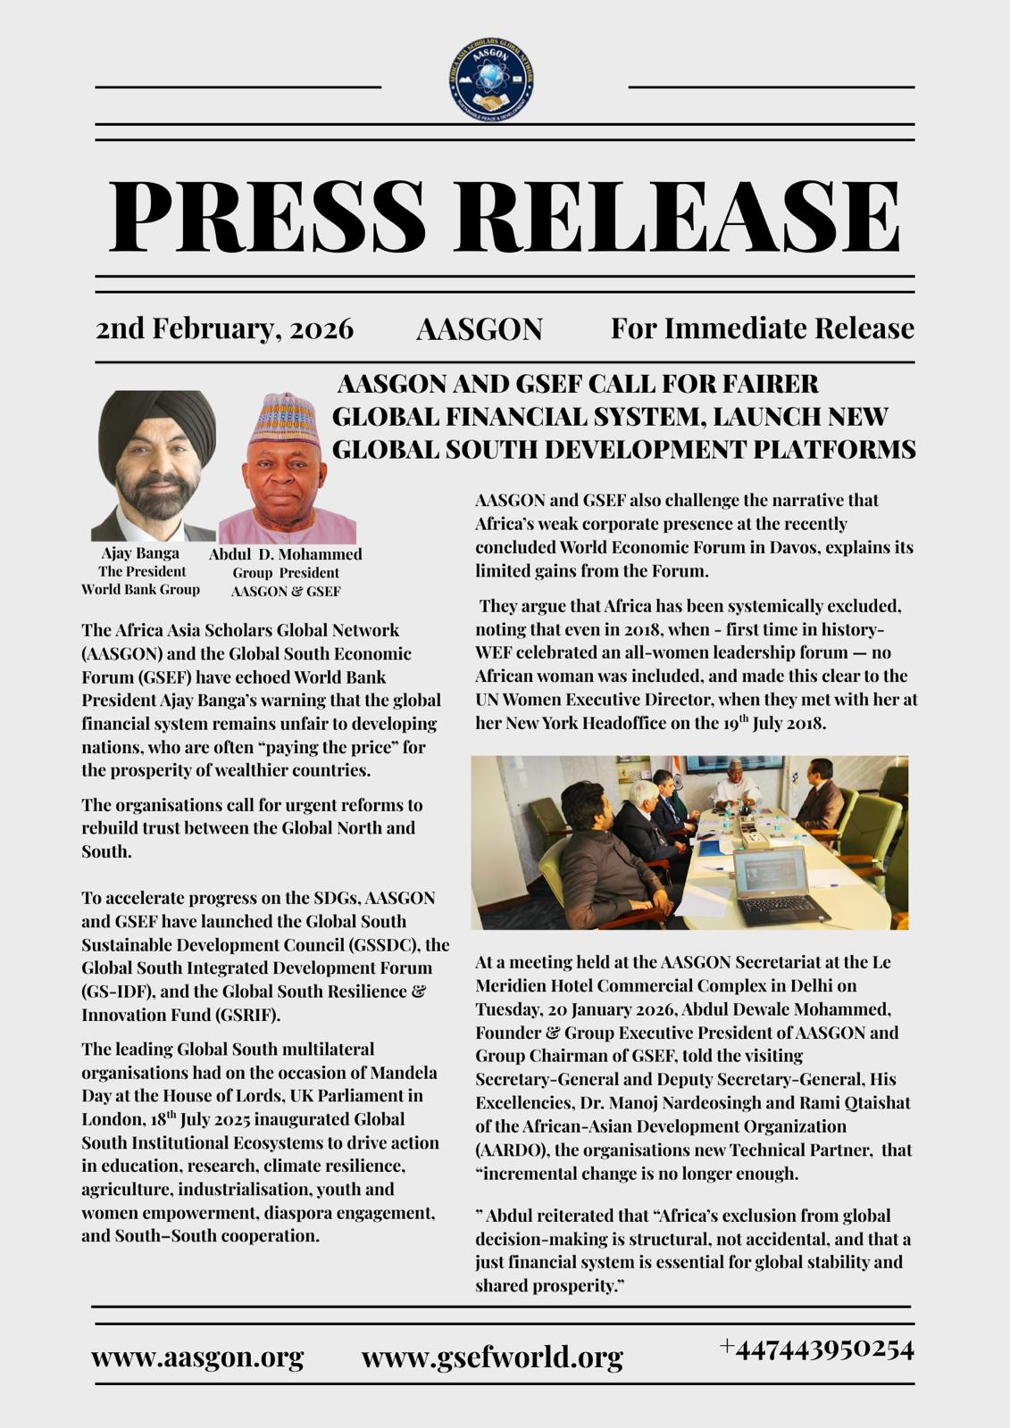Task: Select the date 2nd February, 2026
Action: click(224, 328)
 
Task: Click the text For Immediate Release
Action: click(762, 328)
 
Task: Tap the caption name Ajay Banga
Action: click(140, 552)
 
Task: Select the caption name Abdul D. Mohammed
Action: click(286, 554)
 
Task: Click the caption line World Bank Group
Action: click(140, 589)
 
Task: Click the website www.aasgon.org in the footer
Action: click(197, 1357)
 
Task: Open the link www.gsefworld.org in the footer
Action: click(492, 1357)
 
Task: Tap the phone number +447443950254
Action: click(816, 1349)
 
